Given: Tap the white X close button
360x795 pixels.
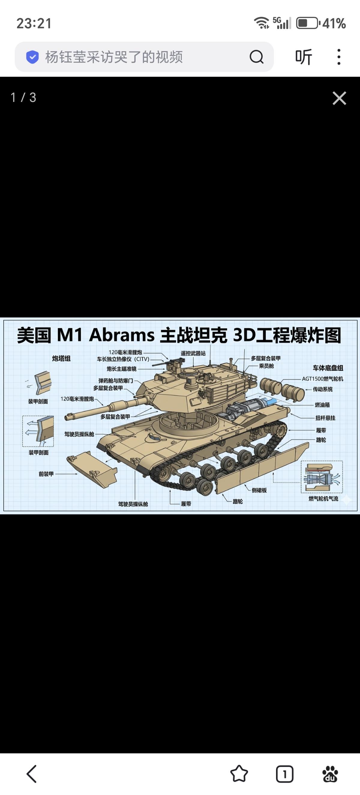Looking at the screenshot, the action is (339, 98).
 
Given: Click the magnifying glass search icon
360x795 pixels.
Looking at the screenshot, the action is (256, 57).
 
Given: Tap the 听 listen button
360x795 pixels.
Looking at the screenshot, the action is (304, 57).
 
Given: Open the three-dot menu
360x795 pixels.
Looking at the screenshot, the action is (339, 57).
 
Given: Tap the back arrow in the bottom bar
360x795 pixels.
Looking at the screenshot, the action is (32, 774).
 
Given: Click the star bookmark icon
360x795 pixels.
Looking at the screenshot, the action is (239, 774).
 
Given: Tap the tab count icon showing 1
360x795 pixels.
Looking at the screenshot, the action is (284, 774).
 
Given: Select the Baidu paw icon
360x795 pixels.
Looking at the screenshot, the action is (330, 774).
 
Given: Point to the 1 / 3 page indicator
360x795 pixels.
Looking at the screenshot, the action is (23, 97).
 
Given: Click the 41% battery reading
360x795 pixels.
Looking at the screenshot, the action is (334, 23).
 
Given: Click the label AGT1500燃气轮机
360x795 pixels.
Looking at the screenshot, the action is (322, 379).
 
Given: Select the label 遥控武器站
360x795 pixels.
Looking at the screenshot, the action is (193, 353).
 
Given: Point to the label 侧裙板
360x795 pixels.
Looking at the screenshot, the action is (259, 490).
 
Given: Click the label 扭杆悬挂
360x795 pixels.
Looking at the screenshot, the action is (325, 418).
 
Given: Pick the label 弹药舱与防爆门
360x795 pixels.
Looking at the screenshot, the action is (116, 380).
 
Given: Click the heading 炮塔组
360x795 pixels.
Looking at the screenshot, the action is (61, 358).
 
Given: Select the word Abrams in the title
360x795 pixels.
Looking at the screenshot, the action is (122, 335).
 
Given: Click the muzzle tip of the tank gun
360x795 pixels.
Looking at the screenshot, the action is (67, 418).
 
